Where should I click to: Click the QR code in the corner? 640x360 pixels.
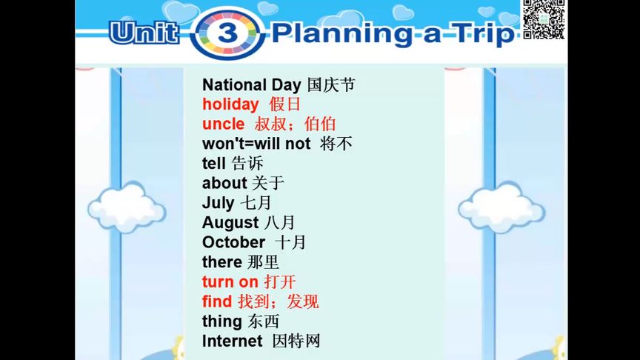(544, 20)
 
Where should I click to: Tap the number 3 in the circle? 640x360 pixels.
(227, 33)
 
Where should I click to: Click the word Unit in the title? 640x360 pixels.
(144, 33)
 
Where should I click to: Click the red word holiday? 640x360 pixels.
(230, 104)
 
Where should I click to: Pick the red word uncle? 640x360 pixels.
(223, 124)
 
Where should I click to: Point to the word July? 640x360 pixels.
(218, 203)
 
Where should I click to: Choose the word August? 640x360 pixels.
(230, 222)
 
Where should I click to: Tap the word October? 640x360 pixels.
(233, 242)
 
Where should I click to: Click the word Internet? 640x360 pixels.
(232, 341)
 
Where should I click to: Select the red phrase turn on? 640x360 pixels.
(230, 282)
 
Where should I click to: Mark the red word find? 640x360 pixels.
(217, 301)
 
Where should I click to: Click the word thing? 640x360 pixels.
(221, 321)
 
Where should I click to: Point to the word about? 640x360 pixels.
(224, 183)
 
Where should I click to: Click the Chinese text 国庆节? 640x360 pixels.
(330, 84)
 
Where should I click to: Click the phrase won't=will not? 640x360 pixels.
(256, 144)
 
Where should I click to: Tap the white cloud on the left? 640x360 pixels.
(127, 207)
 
